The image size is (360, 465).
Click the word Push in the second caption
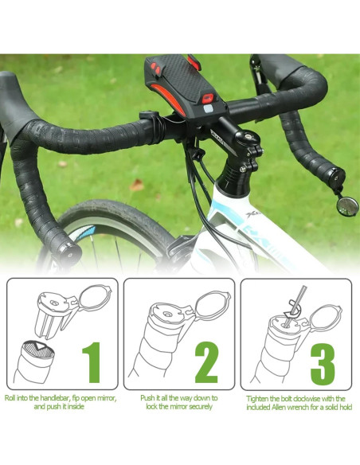pyautogui.click(x=148, y=397)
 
